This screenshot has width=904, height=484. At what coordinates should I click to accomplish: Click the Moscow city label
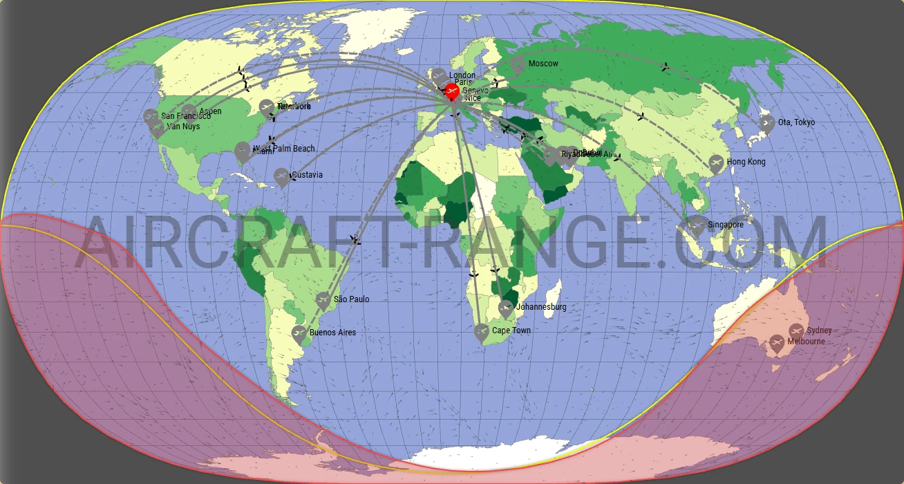click(x=543, y=64)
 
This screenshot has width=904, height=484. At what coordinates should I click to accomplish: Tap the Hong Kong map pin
click(x=716, y=164)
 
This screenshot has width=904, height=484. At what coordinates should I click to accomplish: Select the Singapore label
click(x=726, y=225)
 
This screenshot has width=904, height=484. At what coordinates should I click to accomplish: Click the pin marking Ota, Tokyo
click(x=766, y=124)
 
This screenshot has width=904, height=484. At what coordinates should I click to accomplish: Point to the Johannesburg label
click(x=541, y=307)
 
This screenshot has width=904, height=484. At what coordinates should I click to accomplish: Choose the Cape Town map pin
click(x=481, y=333)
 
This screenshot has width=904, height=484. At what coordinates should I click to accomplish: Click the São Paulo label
click(x=351, y=299)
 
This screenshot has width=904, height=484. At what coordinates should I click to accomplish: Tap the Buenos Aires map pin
click(x=299, y=335)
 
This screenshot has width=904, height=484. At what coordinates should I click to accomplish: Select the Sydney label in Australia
click(x=819, y=331)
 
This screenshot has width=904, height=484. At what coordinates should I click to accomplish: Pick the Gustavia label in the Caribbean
click(x=307, y=176)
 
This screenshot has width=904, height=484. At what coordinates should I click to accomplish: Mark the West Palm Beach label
click(x=284, y=149)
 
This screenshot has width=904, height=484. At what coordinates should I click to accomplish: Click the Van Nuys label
click(x=183, y=127)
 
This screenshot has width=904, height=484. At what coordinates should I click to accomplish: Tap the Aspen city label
click(x=210, y=111)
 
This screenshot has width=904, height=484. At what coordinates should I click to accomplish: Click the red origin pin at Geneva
click(x=451, y=91)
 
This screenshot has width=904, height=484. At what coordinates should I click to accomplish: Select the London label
click(x=462, y=75)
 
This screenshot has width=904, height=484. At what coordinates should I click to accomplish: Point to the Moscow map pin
click(x=517, y=65)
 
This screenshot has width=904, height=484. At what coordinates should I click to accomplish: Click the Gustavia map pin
click(x=281, y=177)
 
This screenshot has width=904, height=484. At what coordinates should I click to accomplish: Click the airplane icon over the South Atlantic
click(x=355, y=240)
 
